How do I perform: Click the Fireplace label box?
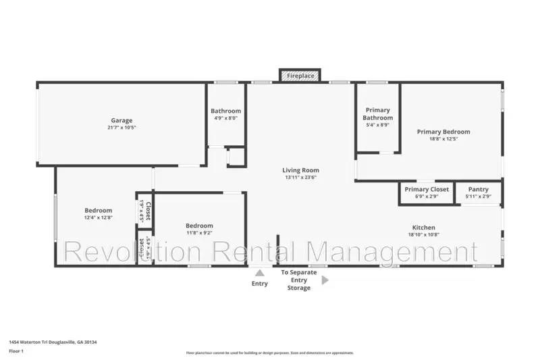(300, 76)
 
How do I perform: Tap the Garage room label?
(122, 121)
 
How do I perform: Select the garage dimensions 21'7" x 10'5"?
(122, 128)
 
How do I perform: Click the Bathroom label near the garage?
(225, 111)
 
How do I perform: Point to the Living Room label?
(300, 170)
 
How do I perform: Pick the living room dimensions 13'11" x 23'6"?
(300, 178)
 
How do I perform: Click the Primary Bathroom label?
(378, 113)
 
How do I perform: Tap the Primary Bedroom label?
(443, 132)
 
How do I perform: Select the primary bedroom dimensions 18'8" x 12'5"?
(443, 139)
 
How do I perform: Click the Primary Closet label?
(427, 189)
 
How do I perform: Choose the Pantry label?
(478, 189)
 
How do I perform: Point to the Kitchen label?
(424, 228)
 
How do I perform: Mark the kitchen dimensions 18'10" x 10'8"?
(424, 235)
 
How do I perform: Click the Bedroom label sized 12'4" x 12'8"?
(98, 210)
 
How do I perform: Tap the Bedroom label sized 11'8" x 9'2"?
(199, 226)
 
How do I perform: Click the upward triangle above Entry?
(259, 273)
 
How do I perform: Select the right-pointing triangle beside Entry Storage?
(325, 280)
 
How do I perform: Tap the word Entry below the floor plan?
(259, 284)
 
